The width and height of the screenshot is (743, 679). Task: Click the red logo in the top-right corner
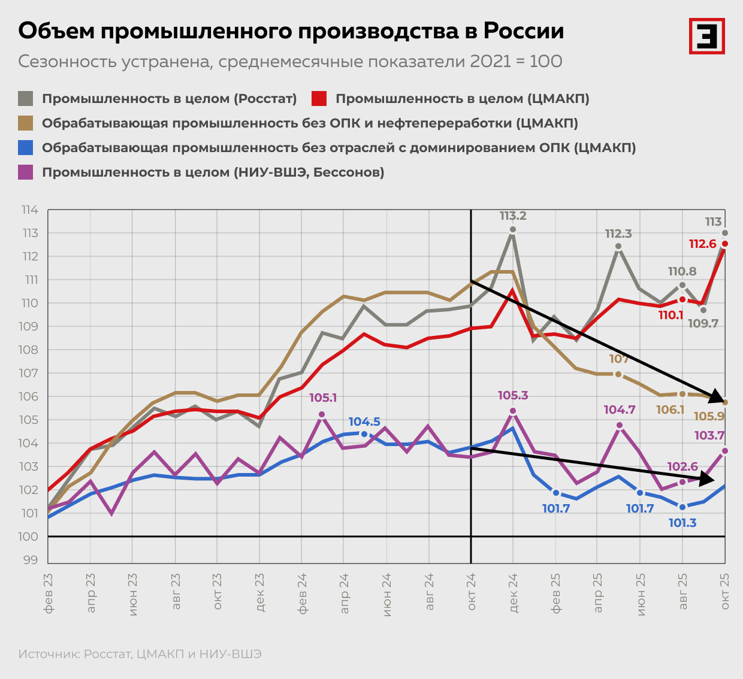706,36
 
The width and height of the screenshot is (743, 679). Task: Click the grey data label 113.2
513,216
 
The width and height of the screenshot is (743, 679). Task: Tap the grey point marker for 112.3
618,246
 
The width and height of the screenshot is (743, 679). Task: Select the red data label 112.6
703,244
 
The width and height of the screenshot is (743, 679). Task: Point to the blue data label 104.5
364,422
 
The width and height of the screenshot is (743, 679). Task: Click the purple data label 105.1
322,398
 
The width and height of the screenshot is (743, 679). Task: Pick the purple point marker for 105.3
513,411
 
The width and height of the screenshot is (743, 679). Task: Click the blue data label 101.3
682,523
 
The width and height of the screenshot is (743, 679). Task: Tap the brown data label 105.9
709,417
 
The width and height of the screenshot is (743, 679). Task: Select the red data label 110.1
670,315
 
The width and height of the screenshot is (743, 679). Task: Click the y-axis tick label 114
30,210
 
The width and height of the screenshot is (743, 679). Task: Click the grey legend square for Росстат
26,99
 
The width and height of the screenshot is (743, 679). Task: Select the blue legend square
26,148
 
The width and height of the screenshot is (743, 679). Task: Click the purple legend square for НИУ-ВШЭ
26,172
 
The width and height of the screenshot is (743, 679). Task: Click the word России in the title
523,31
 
